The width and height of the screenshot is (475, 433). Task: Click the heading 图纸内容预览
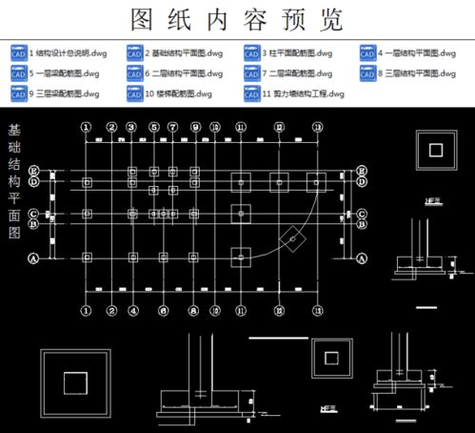coord(237,20)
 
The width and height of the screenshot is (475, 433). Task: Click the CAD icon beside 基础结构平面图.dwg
coord(134,54)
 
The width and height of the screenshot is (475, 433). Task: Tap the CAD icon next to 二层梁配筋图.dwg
coord(251,72)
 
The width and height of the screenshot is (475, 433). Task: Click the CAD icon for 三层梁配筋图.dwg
coord(18,93)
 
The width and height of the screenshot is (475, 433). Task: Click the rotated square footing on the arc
coord(297,243)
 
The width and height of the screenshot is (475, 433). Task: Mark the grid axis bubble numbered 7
coord(172,126)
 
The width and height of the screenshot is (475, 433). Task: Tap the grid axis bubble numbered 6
coord(164,311)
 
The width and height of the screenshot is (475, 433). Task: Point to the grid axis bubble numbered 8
coord(193,311)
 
